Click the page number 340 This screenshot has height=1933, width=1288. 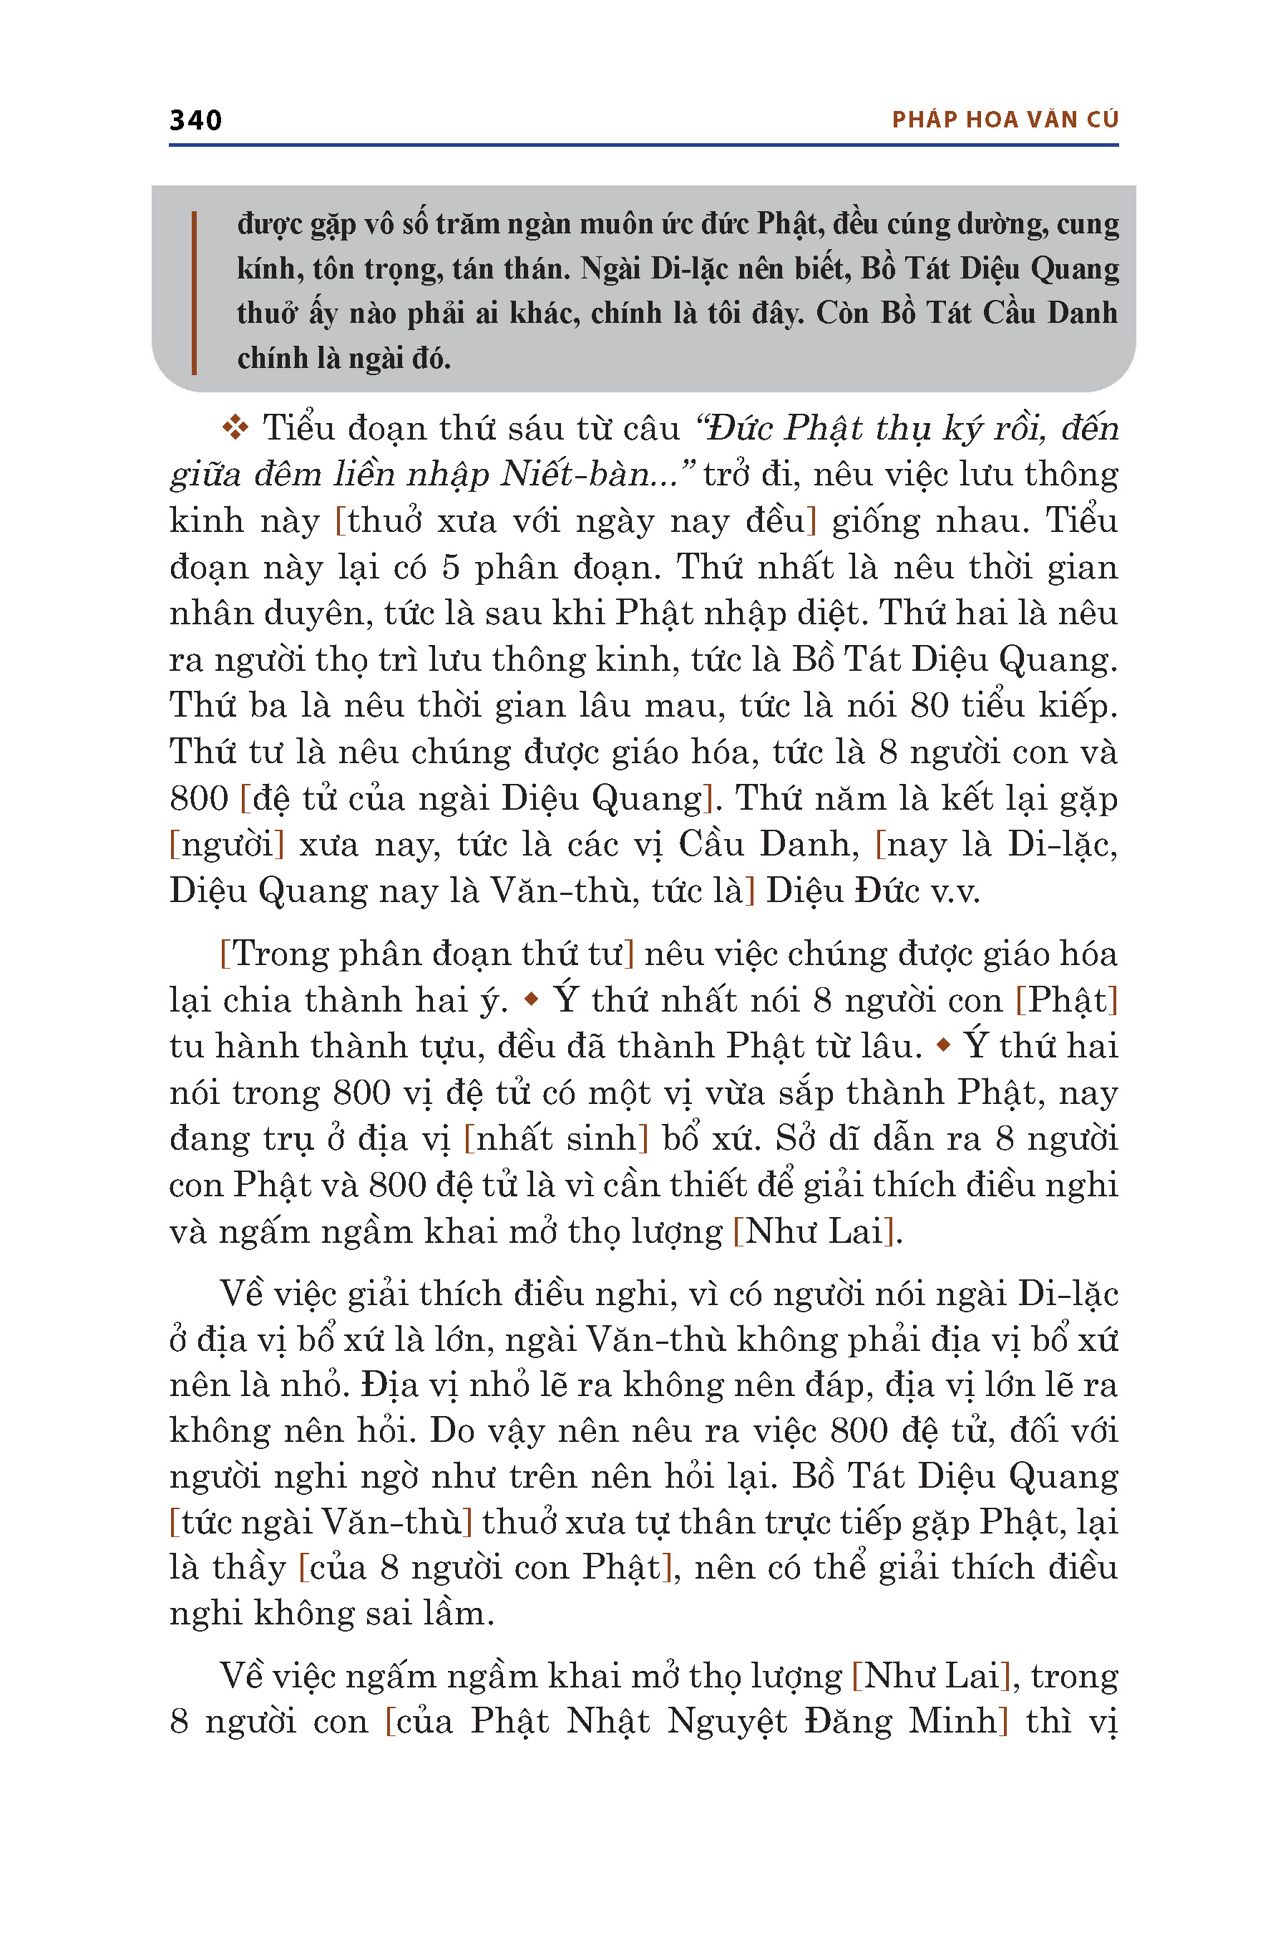195,121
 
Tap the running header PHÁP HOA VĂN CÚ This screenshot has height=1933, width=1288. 1005,120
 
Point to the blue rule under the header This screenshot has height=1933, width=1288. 644,145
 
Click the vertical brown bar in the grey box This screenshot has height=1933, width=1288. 194,293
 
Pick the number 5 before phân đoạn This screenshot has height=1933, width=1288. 449,567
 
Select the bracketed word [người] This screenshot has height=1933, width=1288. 227,845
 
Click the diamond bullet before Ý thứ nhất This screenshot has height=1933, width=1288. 532,999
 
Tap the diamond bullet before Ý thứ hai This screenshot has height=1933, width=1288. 943,1045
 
